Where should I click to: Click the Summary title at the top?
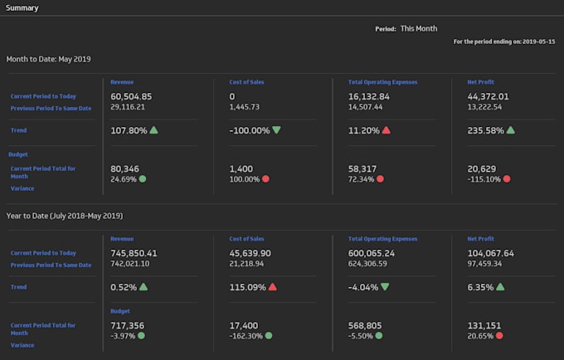tap(22, 7)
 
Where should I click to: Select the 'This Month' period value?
tap(418, 28)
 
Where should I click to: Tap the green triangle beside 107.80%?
tap(154, 130)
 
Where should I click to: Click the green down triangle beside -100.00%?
tap(275, 130)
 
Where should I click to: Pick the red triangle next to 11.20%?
tap(387, 130)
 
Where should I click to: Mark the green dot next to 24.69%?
tap(143, 178)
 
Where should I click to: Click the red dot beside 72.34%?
tap(380, 178)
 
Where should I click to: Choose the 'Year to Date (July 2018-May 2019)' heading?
tap(65, 216)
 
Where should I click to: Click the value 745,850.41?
tap(134, 253)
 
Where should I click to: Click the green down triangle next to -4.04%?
tap(385, 287)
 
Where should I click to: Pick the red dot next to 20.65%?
tap(500, 335)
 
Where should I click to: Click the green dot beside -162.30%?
tap(270, 335)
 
